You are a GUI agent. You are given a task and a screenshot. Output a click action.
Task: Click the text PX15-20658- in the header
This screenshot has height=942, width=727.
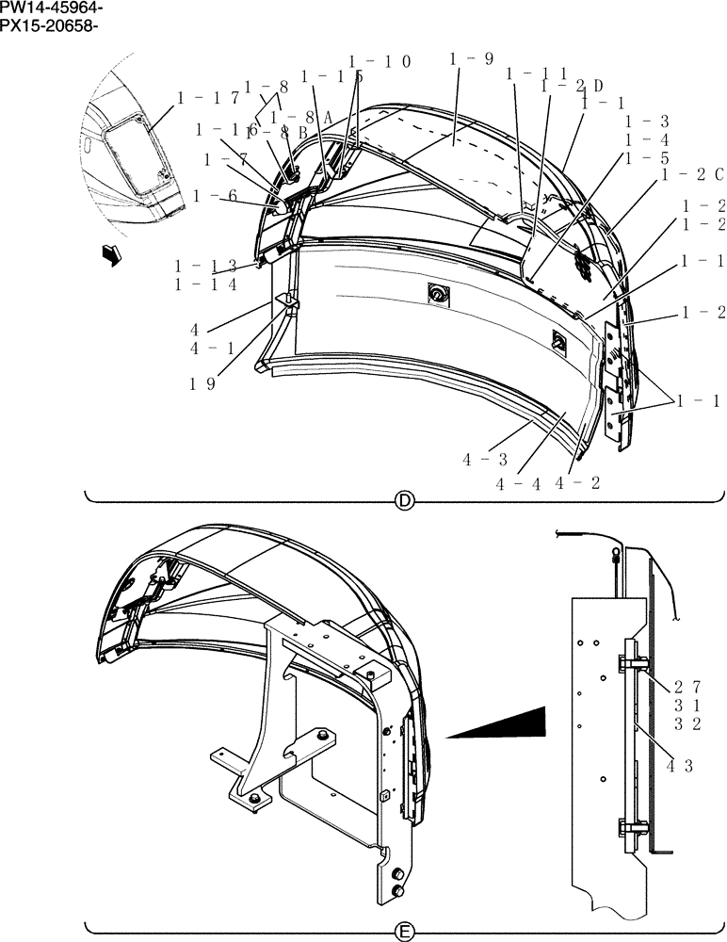(50, 24)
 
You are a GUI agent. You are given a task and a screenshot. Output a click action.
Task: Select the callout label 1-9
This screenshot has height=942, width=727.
(472, 59)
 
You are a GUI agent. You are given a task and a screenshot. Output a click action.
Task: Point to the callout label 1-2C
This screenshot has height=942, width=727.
(693, 174)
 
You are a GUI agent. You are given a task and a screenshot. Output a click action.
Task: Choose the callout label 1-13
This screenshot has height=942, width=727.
(205, 267)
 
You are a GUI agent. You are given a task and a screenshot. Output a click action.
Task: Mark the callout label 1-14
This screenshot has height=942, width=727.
(205, 284)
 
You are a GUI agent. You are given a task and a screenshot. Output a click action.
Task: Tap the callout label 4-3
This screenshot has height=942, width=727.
(485, 459)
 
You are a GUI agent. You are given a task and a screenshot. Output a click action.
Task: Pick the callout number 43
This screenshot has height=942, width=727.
(680, 766)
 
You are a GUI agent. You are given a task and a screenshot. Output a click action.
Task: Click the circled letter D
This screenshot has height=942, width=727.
(404, 501)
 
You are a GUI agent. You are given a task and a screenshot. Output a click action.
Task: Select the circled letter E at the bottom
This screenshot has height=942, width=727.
(404, 933)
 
